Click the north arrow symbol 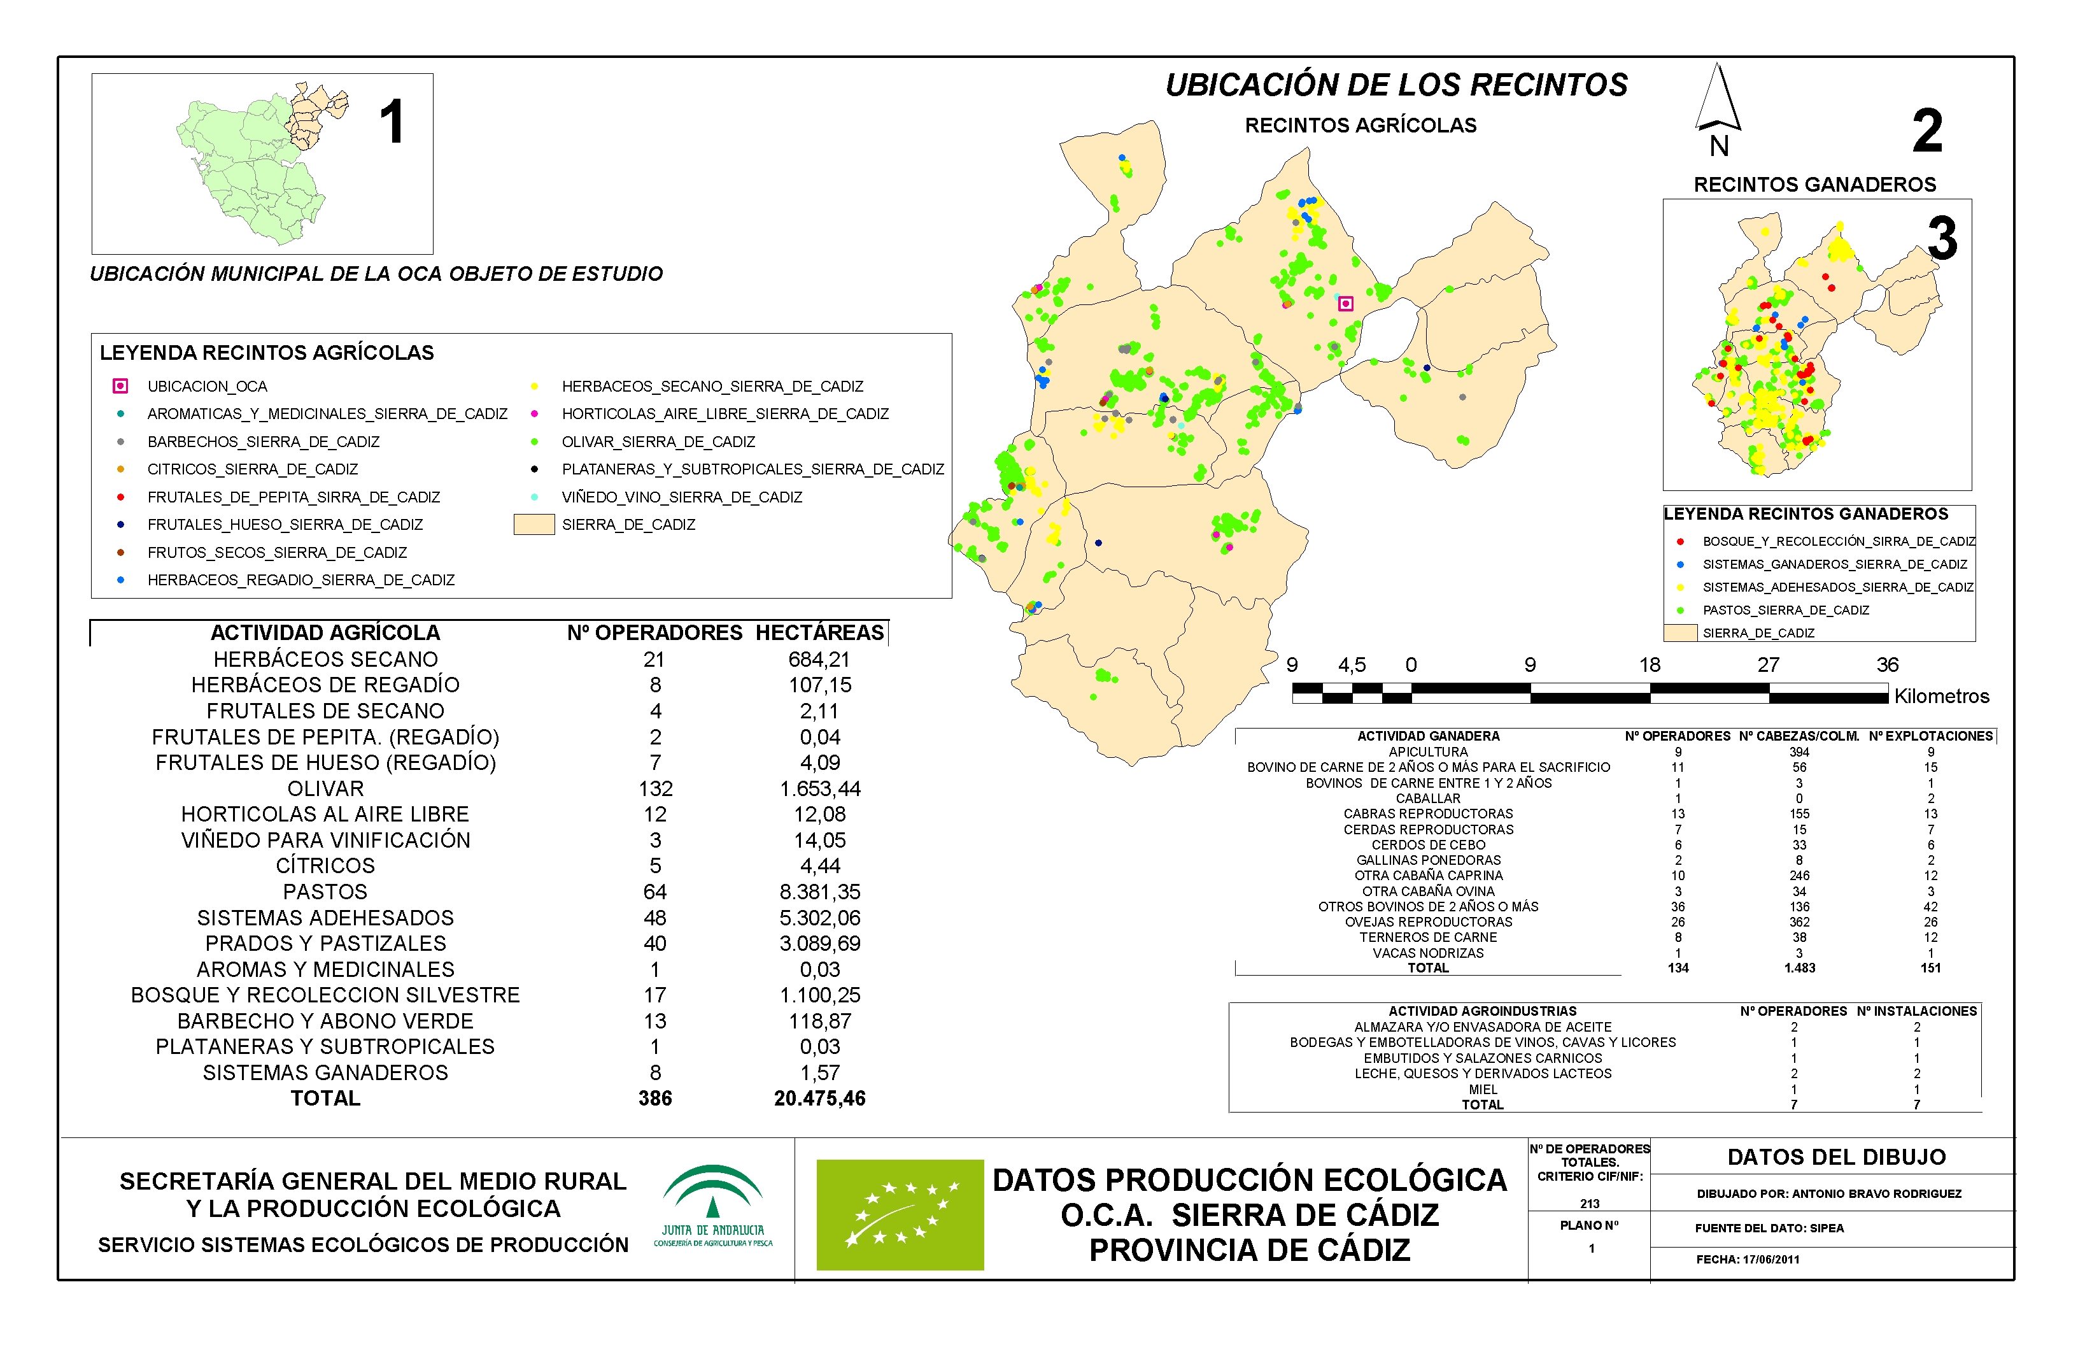click(x=1718, y=101)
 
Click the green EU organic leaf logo click(x=900, y=1214)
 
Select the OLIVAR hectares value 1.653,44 click(x=819, y=788)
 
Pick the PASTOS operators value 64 click(x=655, y=892)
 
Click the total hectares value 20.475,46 click(x=819, y=1099)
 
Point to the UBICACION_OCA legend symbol click(x=120, y=386)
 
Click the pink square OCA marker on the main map click(x=1345, y=304)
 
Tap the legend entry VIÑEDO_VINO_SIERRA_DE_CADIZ click(x=681, y=497)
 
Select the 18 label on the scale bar click(x=1650, y=665)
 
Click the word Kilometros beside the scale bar click(x=1941, y=696)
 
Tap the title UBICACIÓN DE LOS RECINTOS click(x=1396, y=85)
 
